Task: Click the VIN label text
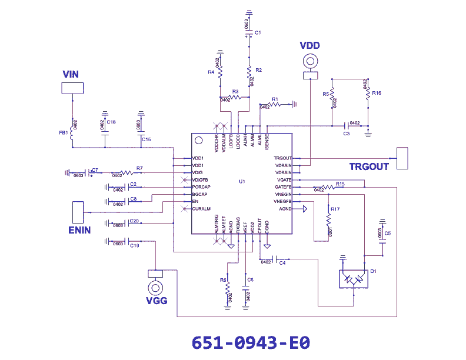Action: click(71, 74)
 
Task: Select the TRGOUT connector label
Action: click(369, 166)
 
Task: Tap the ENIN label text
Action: click(79, 230)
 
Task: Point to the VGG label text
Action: click(157, 301)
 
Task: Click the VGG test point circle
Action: click(156, 288)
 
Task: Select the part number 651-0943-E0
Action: click(251, 342)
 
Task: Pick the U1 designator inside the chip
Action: click(241, 181)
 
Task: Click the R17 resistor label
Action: click(335, 209)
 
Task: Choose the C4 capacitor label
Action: click(282, 262)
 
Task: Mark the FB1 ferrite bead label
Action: click(63, 133)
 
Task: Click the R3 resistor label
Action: click(235, 92)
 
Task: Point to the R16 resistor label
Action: click(377, 93)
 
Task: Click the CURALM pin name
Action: click(201, 209)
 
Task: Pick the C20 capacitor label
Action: click(134, 221)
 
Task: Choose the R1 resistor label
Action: click(274, 99)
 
